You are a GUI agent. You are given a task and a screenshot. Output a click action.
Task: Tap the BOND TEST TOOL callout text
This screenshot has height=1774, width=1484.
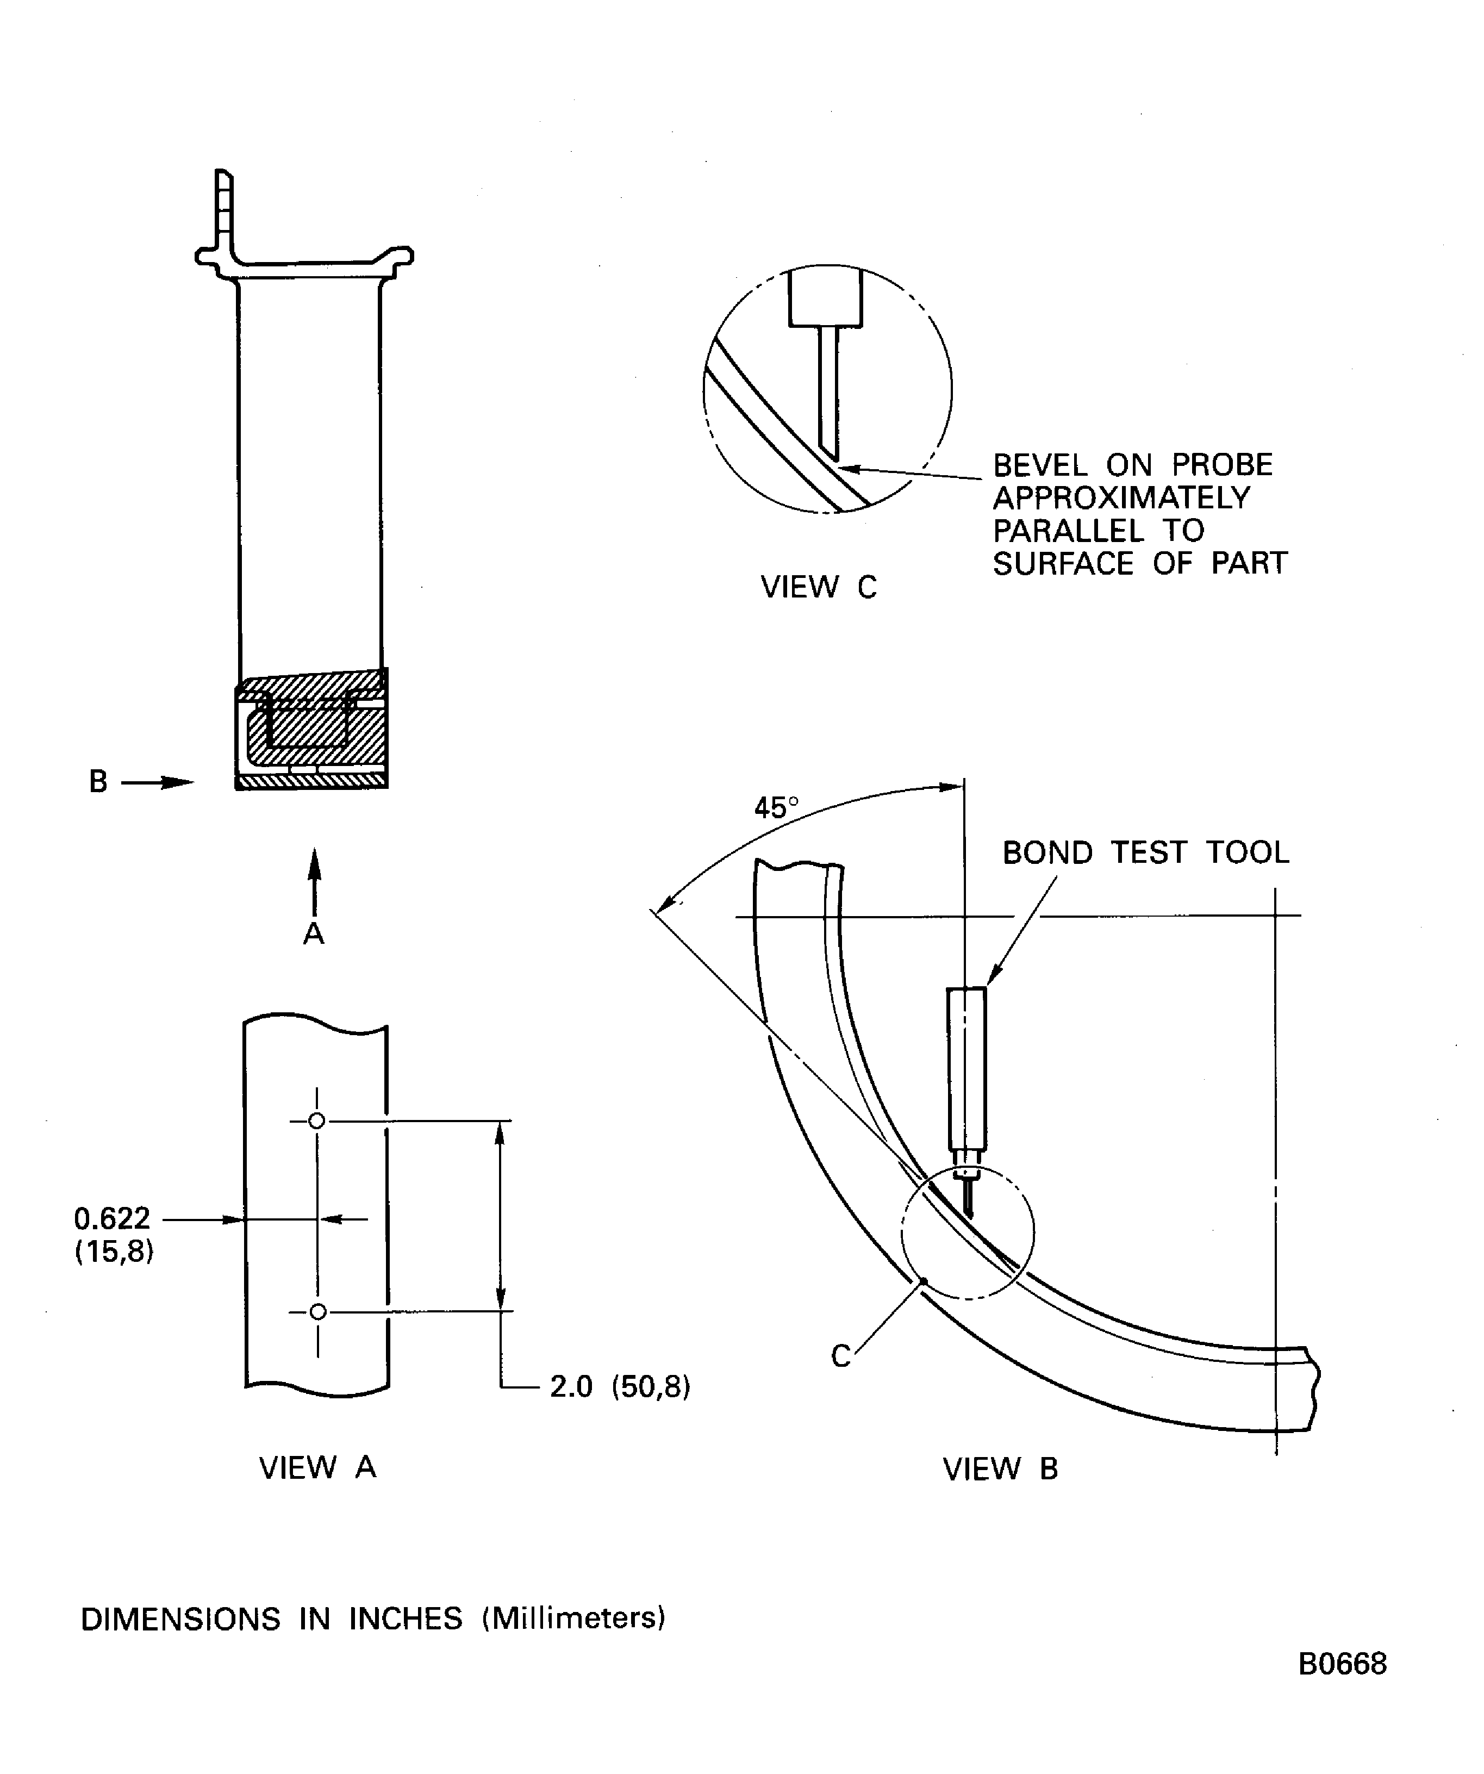(x=1145, y=852)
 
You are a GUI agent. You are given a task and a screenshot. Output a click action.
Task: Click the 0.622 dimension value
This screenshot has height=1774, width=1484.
(x=113, y=1218)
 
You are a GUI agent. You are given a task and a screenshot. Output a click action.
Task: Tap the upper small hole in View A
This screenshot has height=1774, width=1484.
(x=317, y=1121)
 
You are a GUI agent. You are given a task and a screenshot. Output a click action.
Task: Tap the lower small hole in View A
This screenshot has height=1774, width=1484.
(x=317, y=1312)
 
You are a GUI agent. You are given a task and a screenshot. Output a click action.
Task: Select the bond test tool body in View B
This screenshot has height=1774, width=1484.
(x=967, y=1069)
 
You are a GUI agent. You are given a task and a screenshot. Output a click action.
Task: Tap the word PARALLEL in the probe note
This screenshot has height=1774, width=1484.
(x=1069, y=531)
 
